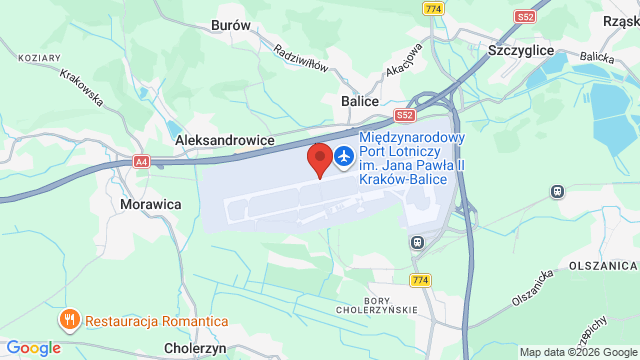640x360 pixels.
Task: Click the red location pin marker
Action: click(x=319, y=159)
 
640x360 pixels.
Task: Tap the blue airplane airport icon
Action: click(x=344, y=156)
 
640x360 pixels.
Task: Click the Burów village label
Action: click(x=229, y=26)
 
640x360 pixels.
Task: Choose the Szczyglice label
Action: click(x=520, y=49)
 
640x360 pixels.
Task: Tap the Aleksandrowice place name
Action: click(x=224, y=142)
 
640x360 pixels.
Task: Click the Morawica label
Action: click(x=151, y=202)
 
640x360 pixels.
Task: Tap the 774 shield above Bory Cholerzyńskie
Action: click(x=420, y=281)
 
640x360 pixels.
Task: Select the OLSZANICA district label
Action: click(x=603, y=265)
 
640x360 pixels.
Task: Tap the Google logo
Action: click(x=33, y=348)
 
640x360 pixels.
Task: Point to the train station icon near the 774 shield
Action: click(x=417, y=241)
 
